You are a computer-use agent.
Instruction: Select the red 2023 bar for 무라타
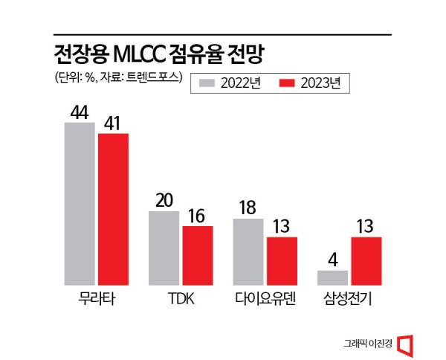pyautogui.click(x=113, y=209)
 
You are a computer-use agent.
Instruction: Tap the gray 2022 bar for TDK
pyautogui.click(x=164, y=248)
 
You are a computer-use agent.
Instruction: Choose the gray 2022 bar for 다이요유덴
pyautogui.click(x=248, y=252)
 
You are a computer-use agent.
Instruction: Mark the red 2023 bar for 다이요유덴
pyautogui.click(x=282, y=261)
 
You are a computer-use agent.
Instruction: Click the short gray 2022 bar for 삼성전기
pyautogui.click(x=332, y=277)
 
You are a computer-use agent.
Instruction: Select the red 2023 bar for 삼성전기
pyautogui.click(x=366, y=261)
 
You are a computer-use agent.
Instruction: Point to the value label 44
pyautogui.click(x=79, y=112)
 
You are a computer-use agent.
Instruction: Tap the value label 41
pyautogui.click(x=114, y=122)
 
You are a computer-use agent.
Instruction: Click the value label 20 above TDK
pyautogui.click(x=164, y=200)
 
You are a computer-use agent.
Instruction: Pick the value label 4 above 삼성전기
pyautogui.click(x=332, y=260)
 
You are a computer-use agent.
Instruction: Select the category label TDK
pyautogui.click(x=181, y=300)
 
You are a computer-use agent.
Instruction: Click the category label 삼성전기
pyautogui.click(x=349, y=300)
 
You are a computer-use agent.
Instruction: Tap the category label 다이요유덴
pyautogui.click(x=265, y=300)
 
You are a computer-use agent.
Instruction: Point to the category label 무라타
pyautogui.click(x=96, y=300)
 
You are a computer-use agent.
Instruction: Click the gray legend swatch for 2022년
pyautogui.click(x=207, y=83)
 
